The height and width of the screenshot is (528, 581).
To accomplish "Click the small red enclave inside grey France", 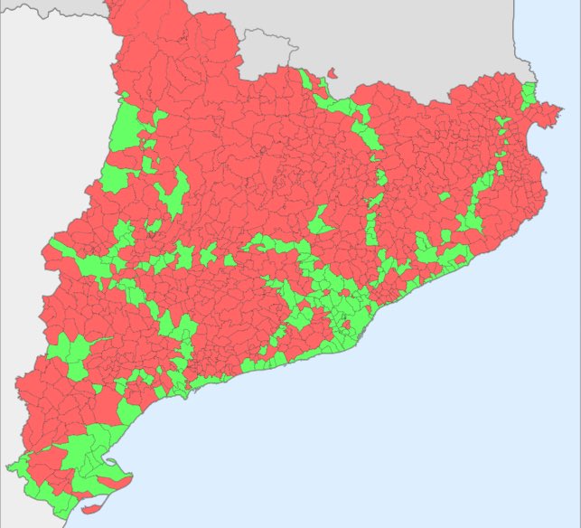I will coord(332,72).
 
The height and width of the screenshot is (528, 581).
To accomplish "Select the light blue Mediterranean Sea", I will coord(452,407).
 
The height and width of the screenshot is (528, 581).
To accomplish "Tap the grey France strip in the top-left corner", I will coord(45,9).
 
